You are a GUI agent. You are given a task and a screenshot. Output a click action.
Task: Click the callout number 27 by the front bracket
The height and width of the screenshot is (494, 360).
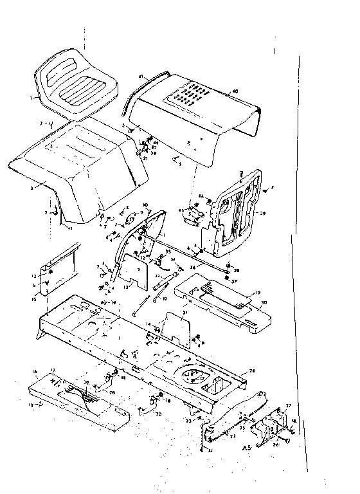[x=288, y=406]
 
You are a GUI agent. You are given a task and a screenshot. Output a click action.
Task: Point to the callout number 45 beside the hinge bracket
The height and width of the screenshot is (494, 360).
[x=182, y=210]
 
